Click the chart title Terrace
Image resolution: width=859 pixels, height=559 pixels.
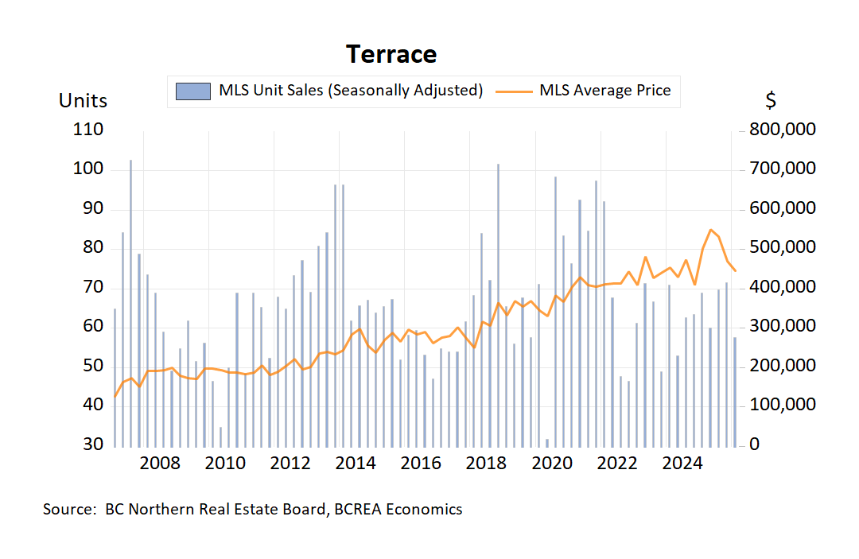(x=391, y=54)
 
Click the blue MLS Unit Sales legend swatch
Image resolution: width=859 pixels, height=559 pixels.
(x=193, y=91)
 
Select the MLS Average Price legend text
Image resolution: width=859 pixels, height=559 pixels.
(x=604, y=91)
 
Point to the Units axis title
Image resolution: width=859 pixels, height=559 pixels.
(x=83, y=101)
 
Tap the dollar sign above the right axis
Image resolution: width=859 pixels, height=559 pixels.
(x=771, y=101)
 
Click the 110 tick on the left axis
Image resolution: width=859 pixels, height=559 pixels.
(x=88, y=130)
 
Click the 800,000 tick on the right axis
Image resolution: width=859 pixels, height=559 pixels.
(x=783, y=130)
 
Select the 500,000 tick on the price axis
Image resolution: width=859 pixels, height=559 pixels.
(x=783, y=247)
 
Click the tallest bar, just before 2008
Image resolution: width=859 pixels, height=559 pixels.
(x=130, y=302)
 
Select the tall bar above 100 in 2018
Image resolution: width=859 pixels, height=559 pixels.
(x=498, y=302)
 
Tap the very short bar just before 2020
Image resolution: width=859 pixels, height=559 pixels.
(x=547, y=441)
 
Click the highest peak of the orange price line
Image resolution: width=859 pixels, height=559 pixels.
(x=710, y=229)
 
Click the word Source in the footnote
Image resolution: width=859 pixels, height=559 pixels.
(x=68, y=510)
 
